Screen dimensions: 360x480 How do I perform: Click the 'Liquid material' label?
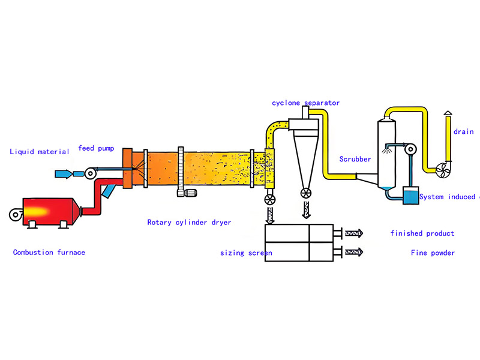[40, 152]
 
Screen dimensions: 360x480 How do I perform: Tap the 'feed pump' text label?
[96, 148]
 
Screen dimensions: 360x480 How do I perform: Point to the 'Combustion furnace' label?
[49, 253]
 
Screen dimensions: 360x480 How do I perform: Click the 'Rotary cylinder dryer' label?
[189, 223]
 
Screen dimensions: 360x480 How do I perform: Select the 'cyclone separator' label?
[306, 103]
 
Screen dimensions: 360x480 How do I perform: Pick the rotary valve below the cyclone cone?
[306, 193]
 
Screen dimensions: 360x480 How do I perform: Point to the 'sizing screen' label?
[246, 253]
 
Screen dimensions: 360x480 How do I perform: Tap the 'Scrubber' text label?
[355, 160]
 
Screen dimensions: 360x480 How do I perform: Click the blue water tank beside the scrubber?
[411, 196]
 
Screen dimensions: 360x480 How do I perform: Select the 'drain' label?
[463, 132]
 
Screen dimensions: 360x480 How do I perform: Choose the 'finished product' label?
[422, 233]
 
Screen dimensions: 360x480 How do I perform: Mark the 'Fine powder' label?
[433, 253]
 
